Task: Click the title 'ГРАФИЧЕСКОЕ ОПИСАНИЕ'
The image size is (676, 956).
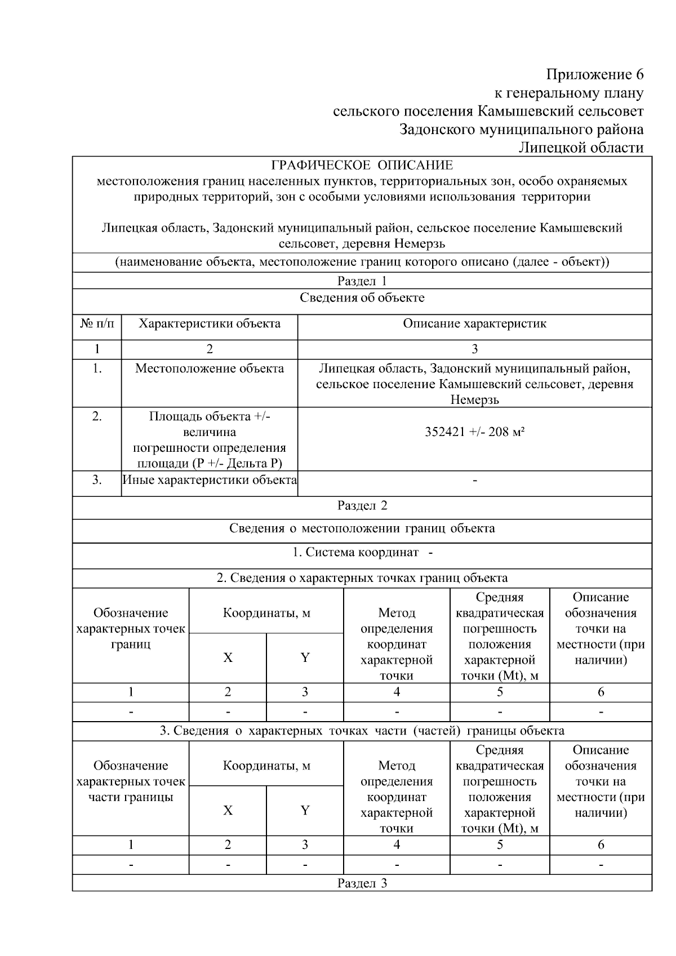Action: [362, 165]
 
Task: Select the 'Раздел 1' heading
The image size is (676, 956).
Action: [362, 281]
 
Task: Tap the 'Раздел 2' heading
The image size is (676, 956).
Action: [362, 505]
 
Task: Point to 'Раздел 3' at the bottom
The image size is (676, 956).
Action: [362, 883]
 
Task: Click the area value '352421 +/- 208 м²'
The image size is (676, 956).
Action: [474, 432]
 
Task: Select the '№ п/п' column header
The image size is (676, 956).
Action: [97, 324]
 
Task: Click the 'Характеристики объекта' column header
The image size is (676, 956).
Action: [210, 324]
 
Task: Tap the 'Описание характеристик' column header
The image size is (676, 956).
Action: [474, 324]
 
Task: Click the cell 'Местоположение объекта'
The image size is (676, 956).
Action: [210, 368]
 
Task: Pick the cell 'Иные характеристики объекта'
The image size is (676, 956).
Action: [210, 480]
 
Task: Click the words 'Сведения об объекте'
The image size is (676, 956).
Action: [362, 297]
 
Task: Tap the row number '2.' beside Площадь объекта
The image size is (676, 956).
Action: [97, 416]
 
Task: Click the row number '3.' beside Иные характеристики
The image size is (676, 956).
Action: [97, 480]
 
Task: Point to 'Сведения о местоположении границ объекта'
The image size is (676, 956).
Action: [362, 528]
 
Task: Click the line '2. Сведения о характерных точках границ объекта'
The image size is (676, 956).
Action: [362, 578]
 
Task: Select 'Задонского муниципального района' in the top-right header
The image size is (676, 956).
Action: [521, 130]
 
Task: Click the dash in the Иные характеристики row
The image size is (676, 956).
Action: [475, 481]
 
